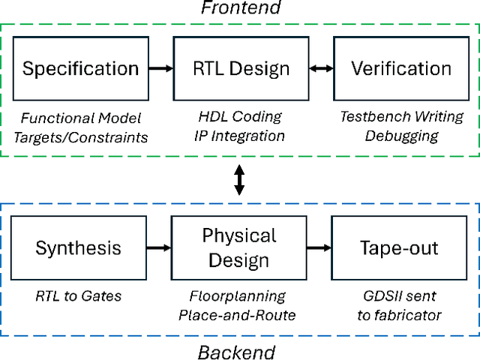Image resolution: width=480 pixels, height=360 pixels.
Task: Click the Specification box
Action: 80,69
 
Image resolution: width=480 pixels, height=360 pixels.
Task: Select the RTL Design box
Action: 240,69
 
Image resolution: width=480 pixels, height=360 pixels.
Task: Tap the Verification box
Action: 401,69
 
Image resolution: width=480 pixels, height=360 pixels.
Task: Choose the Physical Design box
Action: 240,248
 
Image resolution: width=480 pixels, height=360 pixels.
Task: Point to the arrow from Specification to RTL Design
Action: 160,69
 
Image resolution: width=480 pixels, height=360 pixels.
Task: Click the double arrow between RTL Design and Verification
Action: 320,69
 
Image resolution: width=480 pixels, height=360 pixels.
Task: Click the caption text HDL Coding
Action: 240,118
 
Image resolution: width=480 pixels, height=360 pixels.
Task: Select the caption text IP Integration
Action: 240,136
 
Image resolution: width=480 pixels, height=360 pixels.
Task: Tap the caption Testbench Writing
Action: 401,118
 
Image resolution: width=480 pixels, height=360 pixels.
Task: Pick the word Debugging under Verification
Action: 401,136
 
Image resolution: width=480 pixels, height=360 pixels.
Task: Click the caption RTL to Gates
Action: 78,296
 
